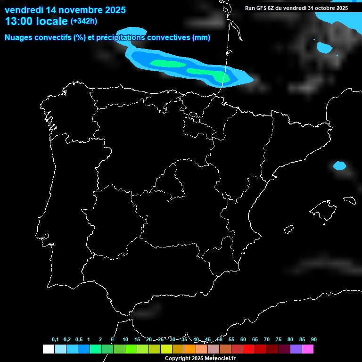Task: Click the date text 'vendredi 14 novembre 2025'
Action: click(65, 9)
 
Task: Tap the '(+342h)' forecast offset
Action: click(84, 21)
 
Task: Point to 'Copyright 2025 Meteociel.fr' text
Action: click(200, 358)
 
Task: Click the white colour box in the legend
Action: click(48, 349)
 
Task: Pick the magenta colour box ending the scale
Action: click(307, 349)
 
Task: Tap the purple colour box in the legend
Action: click(296, 349)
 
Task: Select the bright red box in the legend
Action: click(248, 349)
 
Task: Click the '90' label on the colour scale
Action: click(314, 340)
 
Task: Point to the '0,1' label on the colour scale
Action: click(55, 340)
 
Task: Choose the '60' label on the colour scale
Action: click(243, 340)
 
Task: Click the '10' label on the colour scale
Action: click(125, 340)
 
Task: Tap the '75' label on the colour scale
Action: click(279, 340)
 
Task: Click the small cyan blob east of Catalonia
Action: click(339, 165)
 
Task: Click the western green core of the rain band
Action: click(167, 63)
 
